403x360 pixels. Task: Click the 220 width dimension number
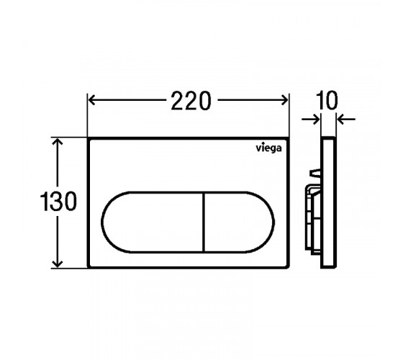(x=191, y=101)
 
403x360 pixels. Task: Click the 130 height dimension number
(x=58, y=202)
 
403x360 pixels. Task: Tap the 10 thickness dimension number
(x=327, y=100)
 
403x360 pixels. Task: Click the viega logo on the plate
(x=268, y=148)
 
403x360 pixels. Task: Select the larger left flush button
(x=153, y=222)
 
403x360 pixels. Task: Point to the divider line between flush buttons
(x=204, y=222)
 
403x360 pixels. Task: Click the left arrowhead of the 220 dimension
(x=92, y=100)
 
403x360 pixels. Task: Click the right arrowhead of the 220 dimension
(x=284, y=100)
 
